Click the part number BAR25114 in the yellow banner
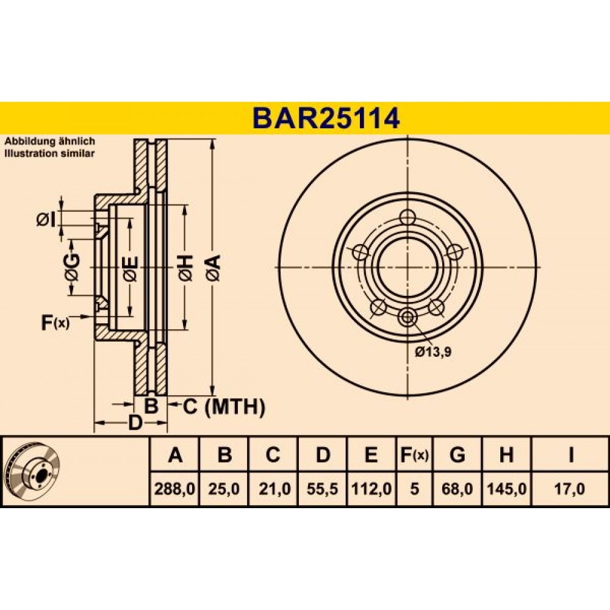coord(326,118)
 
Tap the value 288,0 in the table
coord(174,489)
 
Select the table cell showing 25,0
coord(224,489)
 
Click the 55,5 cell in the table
coord(322,489)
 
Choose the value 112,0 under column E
coord(371,489)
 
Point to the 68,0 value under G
coord(457,489)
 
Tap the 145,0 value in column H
coord(506,489)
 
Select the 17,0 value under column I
coord(570,489)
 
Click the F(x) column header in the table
coord(414,454)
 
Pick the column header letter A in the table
coord(175,454)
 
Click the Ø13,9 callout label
coord(433,353)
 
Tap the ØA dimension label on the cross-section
coord(213,268)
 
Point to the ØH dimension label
coord(185,268)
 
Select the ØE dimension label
coord(130,268)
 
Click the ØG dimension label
coord(72,267)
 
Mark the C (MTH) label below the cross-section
coord(224,407)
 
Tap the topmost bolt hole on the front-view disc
coord(407,217)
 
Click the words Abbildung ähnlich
coord(50,142)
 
